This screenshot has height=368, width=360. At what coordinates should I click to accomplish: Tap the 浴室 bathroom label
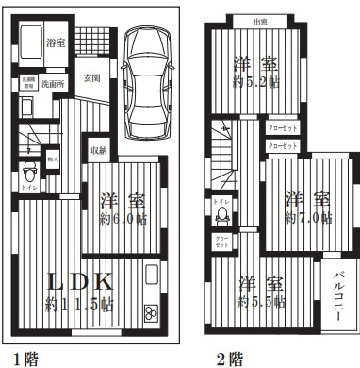pyautogui.click(x=57, y=43)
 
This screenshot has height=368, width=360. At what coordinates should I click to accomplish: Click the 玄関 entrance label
pyautogui.click(x=92, y=78)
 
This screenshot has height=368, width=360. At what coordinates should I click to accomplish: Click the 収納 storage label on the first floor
pyautogui.click(x=99, y=149)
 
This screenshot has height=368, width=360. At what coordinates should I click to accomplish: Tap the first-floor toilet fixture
pyautogui.click(x=29, y=173)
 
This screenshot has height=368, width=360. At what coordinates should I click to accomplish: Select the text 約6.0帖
pyautogui.click(x=123, y=220)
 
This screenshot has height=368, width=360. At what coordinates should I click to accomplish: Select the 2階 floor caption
pyautogui.click(x=229, y=358)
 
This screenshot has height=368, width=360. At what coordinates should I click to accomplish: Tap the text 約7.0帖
pyautogui.click(x=308, y=218)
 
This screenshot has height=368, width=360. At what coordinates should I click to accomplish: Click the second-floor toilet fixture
pyautogui.click(x=223, y=214)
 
